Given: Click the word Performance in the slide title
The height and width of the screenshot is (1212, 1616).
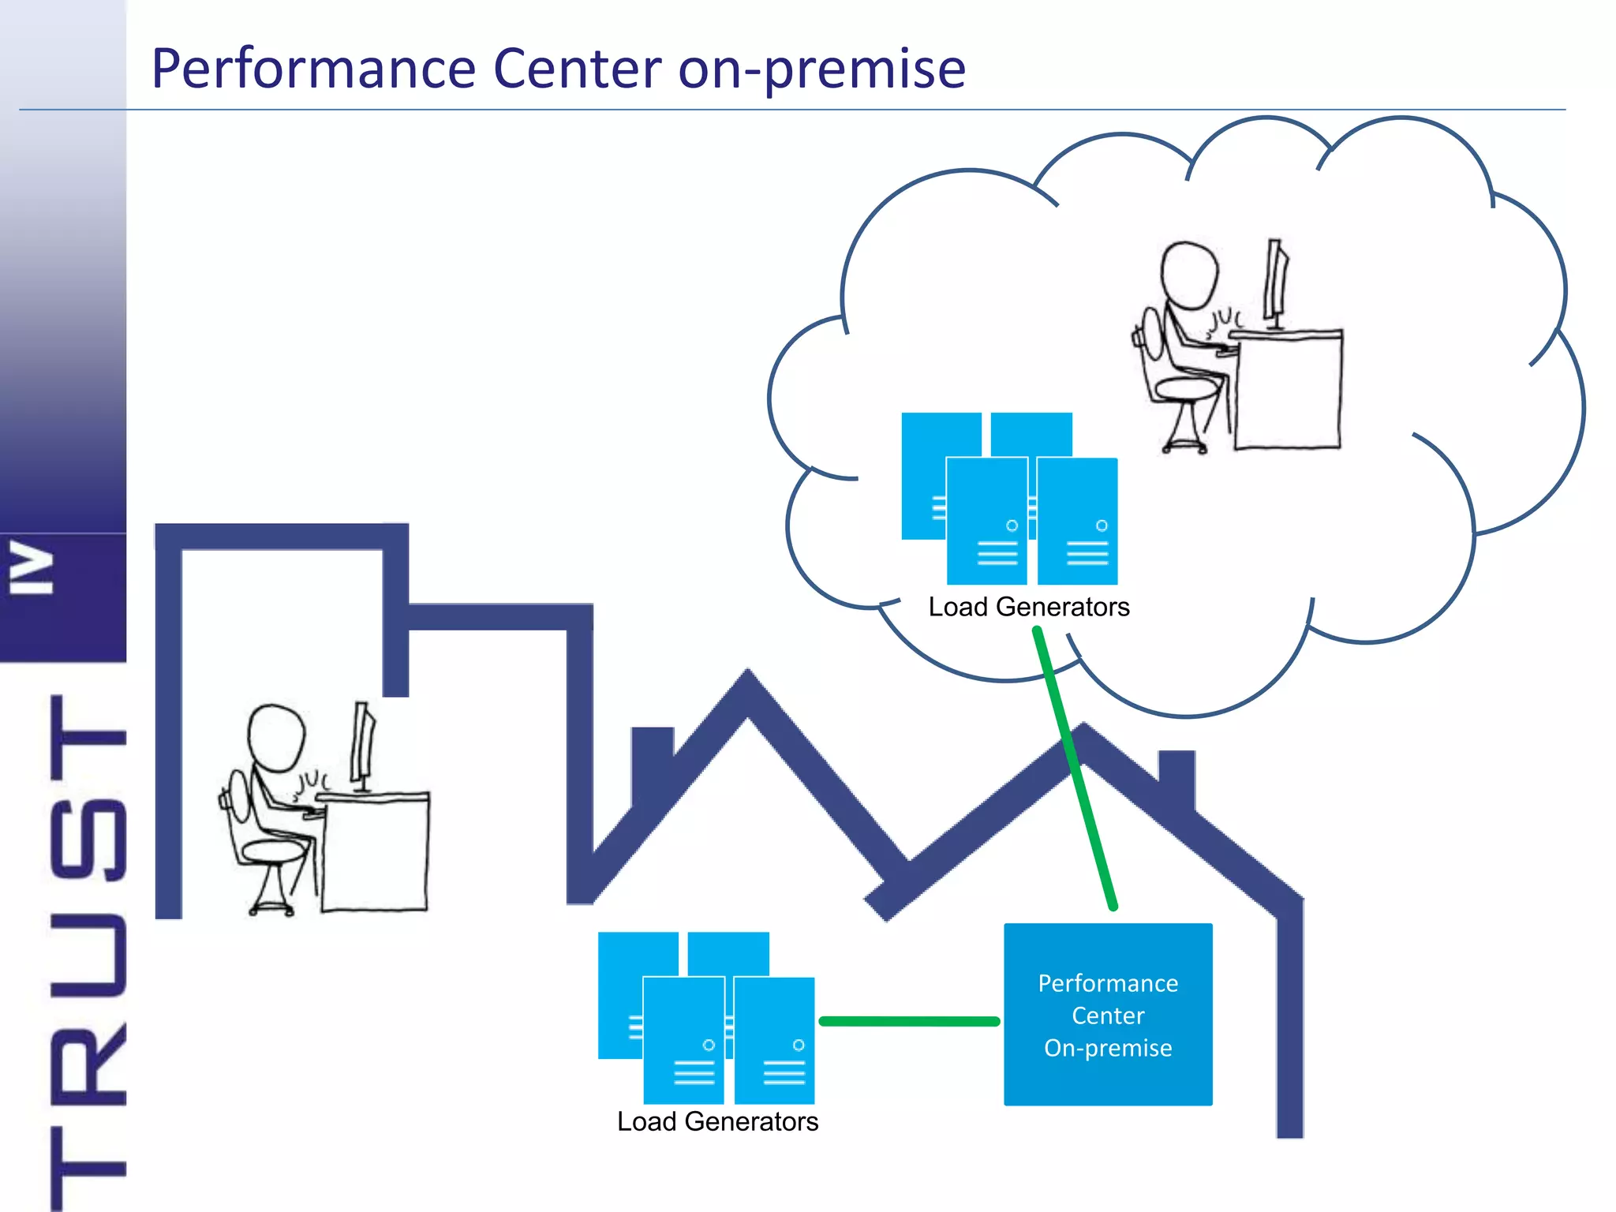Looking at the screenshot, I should tap(313, 69).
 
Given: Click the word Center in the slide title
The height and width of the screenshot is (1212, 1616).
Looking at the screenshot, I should tap(577, 69).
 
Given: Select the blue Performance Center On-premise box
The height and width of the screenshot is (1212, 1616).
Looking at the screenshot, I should tap(1108, 1015).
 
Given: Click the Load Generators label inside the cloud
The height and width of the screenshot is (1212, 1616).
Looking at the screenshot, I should tap(1029, 607).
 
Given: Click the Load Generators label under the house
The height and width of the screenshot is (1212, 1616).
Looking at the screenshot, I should tap(717, 1121).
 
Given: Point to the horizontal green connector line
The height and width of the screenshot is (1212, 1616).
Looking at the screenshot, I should tap(909, 1021).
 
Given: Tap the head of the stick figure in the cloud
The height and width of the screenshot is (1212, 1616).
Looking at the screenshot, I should tap(1189, 275).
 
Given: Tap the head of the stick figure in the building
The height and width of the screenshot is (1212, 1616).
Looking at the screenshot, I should tap(275, 737).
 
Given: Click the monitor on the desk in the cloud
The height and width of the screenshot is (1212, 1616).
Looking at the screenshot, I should tap(1277, 280).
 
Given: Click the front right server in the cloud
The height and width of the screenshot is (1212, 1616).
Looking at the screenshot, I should tap(1077, 521).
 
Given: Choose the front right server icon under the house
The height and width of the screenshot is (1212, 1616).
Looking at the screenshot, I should tap(774, 1040).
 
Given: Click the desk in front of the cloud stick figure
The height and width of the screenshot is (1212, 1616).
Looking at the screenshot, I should tap(1286, 391).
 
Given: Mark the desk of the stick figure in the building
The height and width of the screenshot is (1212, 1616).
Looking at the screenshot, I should tap(373, 852).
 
